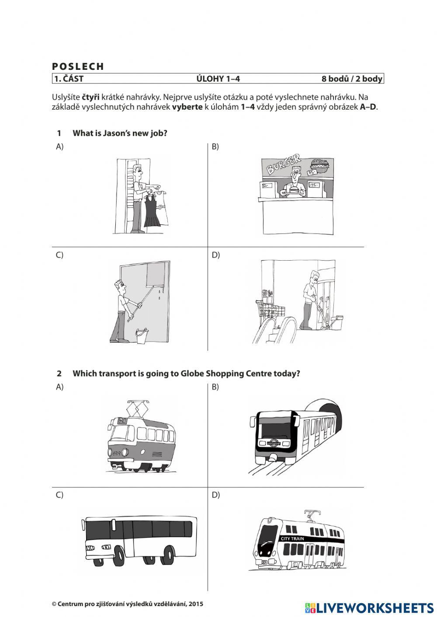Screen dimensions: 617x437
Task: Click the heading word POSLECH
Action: (78, 66)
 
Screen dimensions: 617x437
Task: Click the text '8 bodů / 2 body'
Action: (352, 79)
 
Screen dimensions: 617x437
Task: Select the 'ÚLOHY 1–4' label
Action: (218, 79)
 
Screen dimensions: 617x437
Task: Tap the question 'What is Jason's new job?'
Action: (120, 133)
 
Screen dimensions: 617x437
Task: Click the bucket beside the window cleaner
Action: (142, 336)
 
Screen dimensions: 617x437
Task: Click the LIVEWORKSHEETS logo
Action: (369, 608)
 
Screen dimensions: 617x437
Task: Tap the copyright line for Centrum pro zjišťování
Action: (128, 604)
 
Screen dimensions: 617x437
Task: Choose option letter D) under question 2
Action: (215, 495)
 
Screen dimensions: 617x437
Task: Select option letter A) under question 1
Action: (59, 147)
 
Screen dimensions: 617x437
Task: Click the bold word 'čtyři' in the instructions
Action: (90, 97)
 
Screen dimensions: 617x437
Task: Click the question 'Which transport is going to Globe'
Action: (186, 373)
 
